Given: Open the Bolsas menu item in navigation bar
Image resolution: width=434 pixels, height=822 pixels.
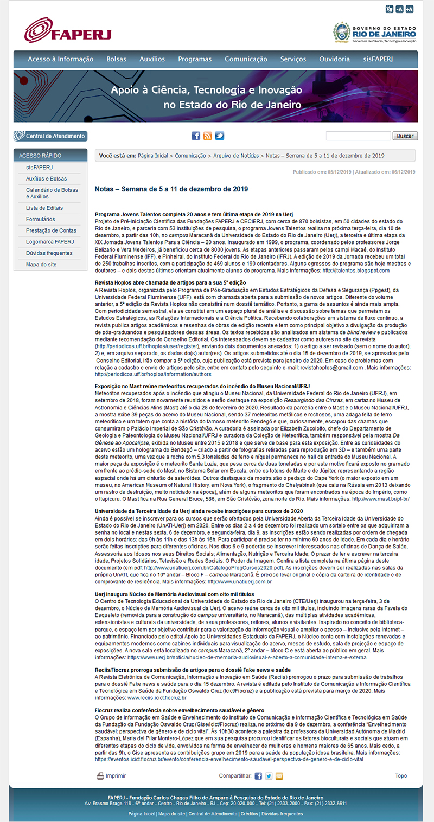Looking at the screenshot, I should (x=116, y=59).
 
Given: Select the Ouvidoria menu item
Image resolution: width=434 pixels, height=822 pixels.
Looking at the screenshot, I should (x=335, y=59).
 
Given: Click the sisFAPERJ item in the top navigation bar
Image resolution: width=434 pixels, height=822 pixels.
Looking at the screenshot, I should (x=378, y=59).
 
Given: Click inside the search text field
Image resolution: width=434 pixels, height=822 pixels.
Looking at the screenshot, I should (x=358, y=136).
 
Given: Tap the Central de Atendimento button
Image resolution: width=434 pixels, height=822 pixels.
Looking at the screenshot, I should (x=50, y=136).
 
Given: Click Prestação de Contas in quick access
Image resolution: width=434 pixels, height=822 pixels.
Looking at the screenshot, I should (x=51, y=230).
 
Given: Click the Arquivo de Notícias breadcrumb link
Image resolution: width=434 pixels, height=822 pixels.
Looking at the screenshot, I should (x=237, y=156).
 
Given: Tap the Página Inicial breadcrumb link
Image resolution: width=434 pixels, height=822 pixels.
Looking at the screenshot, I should (x=153, y=156).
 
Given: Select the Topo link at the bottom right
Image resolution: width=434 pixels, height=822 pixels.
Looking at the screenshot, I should (x=400, y=776).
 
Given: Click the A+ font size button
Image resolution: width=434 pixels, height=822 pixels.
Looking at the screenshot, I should (x=409, y=9).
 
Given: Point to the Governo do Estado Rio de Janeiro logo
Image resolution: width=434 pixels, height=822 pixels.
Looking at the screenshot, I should (x=375, y=33).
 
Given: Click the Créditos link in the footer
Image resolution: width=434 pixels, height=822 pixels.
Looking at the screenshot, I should (x=249, y=814).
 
